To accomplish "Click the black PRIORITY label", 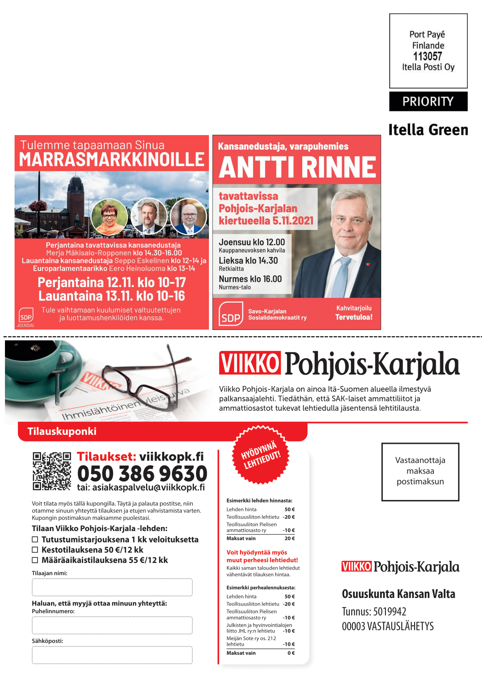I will tap(428, 101).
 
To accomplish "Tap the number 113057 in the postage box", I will tap(428, 56).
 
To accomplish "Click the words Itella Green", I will tap(428, 130).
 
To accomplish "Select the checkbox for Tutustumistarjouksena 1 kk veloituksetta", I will tap(35, 539).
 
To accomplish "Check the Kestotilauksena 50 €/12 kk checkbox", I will tap(35, 550).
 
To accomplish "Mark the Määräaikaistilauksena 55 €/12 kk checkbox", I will tap(35, 560).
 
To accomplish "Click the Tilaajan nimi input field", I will tap(112, 587).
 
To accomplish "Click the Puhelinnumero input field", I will tap(112, 625).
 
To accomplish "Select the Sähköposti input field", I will tap(112, 655).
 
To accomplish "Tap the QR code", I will tap(52, 471).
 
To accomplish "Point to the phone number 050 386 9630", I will tap(142, 473).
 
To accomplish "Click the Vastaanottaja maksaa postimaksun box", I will tap(420, 472).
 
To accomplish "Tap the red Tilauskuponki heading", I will tap(62, 431).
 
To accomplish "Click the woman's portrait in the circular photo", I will tap(109, 217).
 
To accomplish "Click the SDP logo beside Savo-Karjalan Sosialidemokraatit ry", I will tap(231, 314).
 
